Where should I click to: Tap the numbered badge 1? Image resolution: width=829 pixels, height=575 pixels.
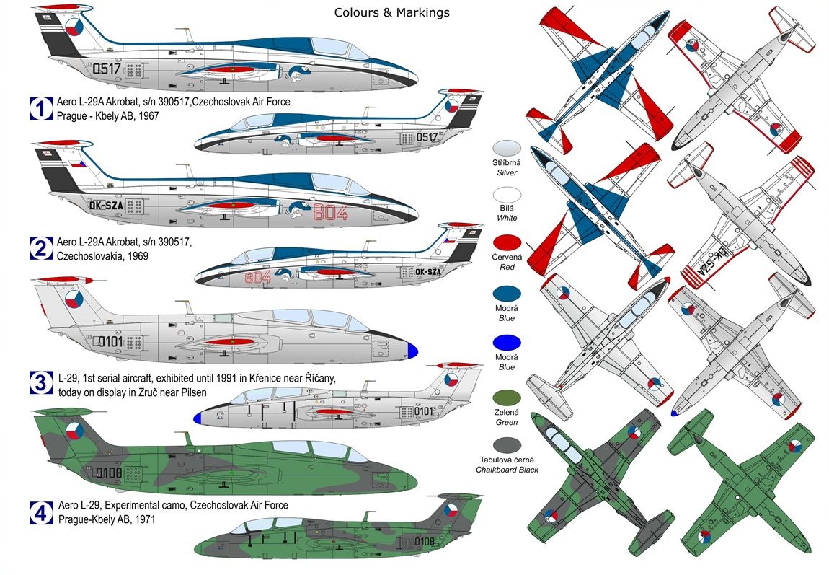[x=40, y=108]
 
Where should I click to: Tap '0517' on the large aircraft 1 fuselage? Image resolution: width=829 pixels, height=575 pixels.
[x=106, y=69]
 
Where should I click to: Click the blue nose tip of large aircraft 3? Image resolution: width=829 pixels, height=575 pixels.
[x=413, y=351]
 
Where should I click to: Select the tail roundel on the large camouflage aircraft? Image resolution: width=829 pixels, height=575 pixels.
[x=74, y=432]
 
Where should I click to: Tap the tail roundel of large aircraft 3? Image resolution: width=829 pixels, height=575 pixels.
[x=74, y=298]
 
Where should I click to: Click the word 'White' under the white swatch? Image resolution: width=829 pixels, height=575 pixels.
[x=509, y=218]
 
